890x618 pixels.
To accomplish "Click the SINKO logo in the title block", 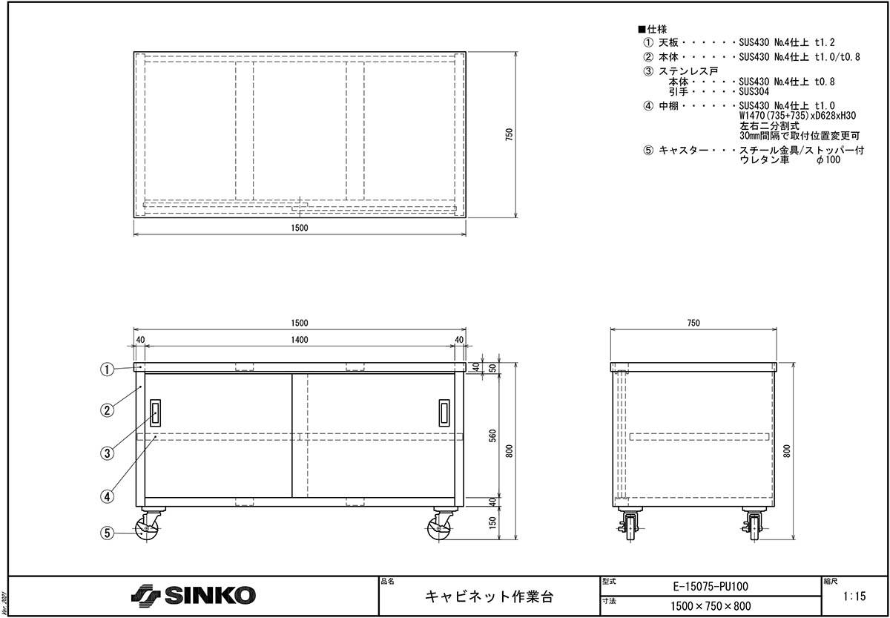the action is pyautogui.click(x=194, y=595).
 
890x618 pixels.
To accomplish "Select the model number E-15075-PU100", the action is pyautogui.click(x=711, y=586).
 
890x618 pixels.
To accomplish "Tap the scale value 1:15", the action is pyautogui.click(x=854, y=596).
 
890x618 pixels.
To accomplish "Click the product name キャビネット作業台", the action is pyautogui.click(x=489, y=596).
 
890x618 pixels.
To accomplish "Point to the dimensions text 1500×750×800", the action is pyautogui.click(x=711, y=606).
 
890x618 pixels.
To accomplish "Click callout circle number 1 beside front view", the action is pyautogui.click(x=107, y=369).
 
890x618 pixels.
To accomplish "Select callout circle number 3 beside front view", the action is pyautogui.click(x=107, y=453).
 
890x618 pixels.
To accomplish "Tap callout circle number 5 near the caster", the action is pyautogui.click(x=107, y=533).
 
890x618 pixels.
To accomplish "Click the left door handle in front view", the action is pyautogui.click(x=155, y=413).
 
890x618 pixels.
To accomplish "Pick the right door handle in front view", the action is pyautogui.click(x=444, y=413).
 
